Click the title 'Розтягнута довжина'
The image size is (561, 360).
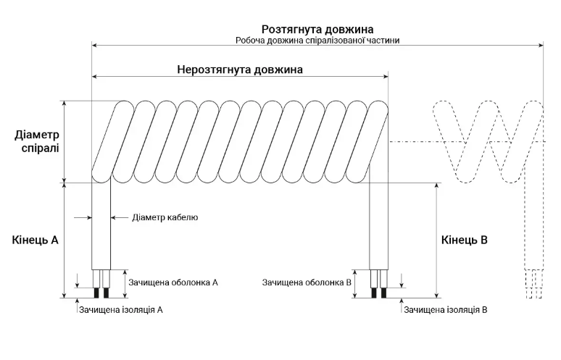click(317, 29)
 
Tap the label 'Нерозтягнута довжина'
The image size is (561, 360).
click(240, 70)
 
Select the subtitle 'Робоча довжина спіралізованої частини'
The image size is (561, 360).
click(317, 41)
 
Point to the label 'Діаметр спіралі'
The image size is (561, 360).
click(37, 141)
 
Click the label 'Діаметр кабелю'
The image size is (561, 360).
click(165, 217)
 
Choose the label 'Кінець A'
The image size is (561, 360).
click(35, 240)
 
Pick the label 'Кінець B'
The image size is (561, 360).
click(465, 240)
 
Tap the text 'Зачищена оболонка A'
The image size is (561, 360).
click(173, 282)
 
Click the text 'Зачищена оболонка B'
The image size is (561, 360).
click(307, 282)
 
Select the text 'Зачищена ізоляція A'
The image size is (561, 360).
click(121, 309)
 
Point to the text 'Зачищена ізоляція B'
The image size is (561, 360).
click(446, 309)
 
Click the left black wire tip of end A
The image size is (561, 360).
click(96, 293)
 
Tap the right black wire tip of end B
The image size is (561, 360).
click(384, 293)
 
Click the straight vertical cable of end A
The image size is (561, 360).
click(101, 225)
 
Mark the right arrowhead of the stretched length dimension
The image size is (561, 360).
click(541, 45)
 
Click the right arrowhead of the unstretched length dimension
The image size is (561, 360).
click(386, 76)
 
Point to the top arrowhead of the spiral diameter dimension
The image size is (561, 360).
click(65, 104)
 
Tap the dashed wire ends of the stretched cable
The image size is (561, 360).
click(533, 284)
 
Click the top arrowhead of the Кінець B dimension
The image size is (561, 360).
click(436, 186)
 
